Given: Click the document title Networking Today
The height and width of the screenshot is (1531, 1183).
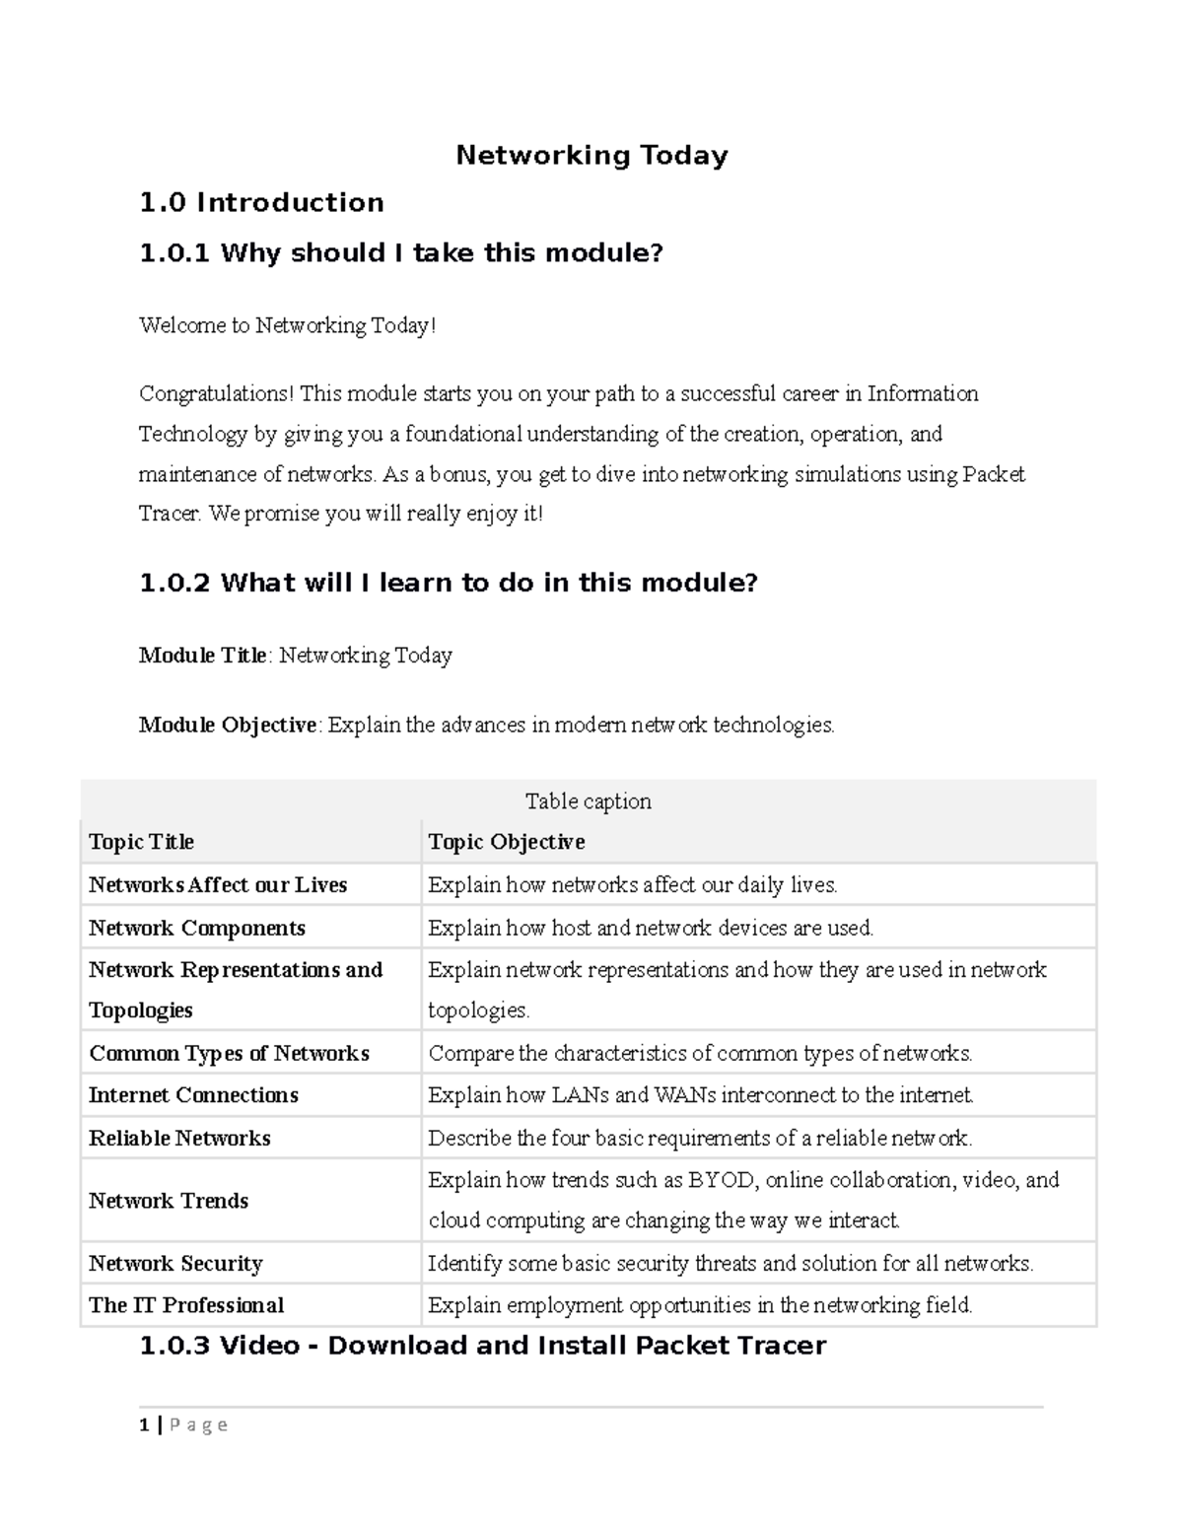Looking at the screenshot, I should point(591,156).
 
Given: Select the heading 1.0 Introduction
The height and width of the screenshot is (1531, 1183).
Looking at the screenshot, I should point(261,203).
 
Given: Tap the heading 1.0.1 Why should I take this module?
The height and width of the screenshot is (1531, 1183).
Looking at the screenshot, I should point(400,253).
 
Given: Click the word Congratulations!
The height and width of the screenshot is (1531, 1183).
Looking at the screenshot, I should point(216,394).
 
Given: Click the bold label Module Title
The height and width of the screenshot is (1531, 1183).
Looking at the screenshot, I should point(203,656).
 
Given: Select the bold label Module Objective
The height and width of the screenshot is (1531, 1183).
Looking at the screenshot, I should point(228,726).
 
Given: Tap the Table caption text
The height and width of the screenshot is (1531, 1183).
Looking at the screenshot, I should point(588,801).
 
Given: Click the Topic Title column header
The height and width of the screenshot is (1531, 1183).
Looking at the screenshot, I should point(141,842).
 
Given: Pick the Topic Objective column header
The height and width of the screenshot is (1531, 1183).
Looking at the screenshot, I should point(506,842).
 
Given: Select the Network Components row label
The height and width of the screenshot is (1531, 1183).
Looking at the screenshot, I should point(197,929).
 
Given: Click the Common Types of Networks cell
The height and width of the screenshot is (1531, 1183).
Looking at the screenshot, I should point(229,1054).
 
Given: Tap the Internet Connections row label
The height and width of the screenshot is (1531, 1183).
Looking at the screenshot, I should point(193,1095).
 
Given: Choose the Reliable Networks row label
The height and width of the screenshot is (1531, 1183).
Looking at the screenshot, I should point(179,1139).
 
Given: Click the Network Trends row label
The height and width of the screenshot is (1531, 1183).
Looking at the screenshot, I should point(169,1201).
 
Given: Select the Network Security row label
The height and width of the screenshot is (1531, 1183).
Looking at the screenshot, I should point(175,1264).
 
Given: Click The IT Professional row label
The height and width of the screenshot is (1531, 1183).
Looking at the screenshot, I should point(186,1305).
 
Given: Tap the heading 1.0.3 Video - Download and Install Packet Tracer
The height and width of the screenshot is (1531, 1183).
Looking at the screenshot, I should point(483,1346).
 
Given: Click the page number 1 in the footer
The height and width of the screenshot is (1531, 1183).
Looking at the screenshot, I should point(145,1425).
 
